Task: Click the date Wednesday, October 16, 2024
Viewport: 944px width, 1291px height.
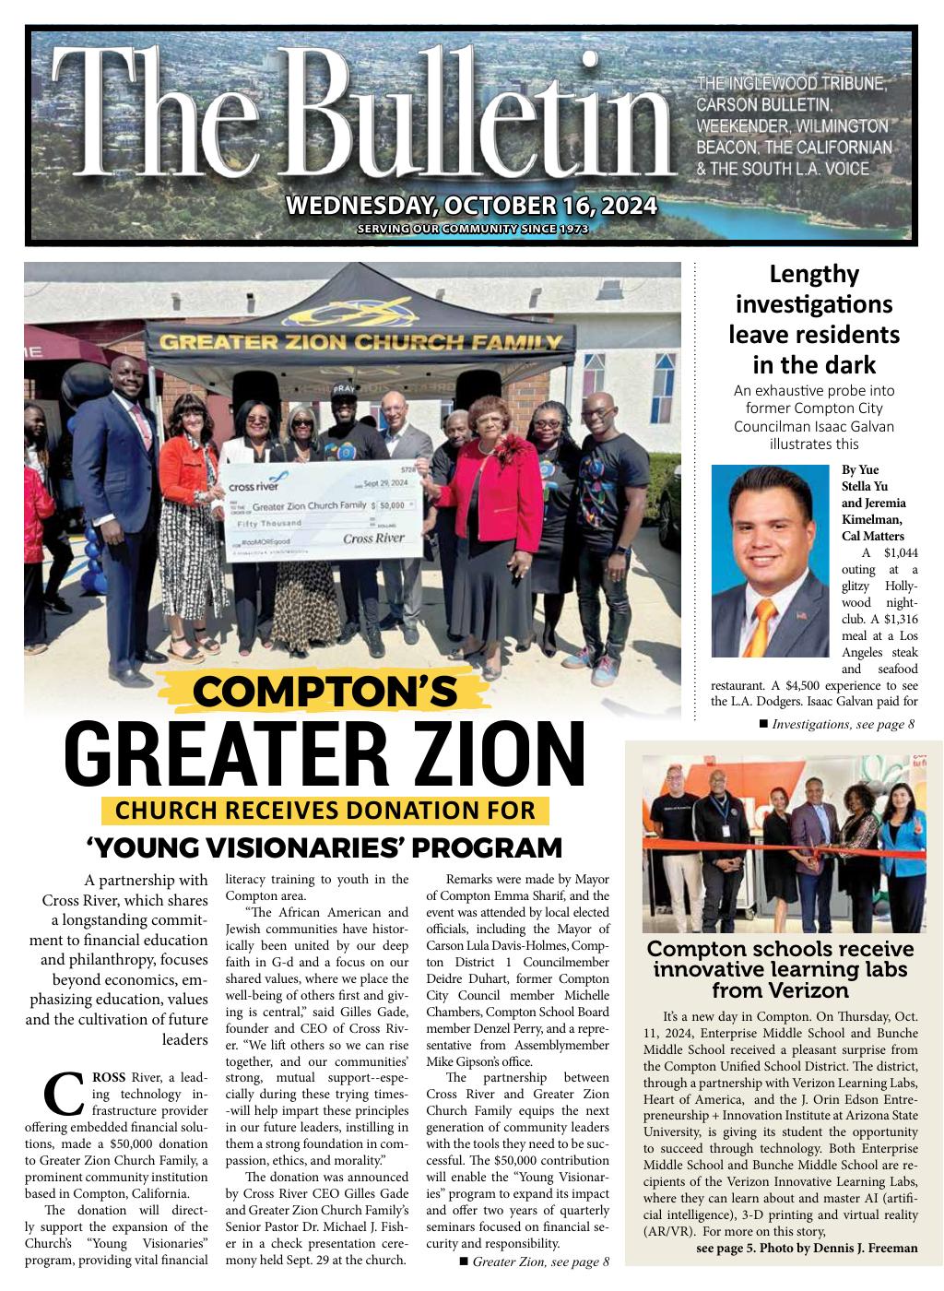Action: tap(471, 205)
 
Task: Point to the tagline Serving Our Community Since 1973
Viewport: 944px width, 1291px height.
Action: tap(472, 229)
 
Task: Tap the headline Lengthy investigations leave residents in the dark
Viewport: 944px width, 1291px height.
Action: tap(813, 318)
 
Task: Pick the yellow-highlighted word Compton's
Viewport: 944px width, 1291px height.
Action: tap(324, 691)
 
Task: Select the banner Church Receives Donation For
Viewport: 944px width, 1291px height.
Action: tap(324, 811)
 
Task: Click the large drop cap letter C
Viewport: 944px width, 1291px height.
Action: tap(64, 1094)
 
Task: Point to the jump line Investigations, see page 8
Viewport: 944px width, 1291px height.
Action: tap(843, 724)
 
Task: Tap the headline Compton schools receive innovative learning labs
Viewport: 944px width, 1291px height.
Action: tap(780, 969)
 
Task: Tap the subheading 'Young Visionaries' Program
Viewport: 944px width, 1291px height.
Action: tap(324, 847)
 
